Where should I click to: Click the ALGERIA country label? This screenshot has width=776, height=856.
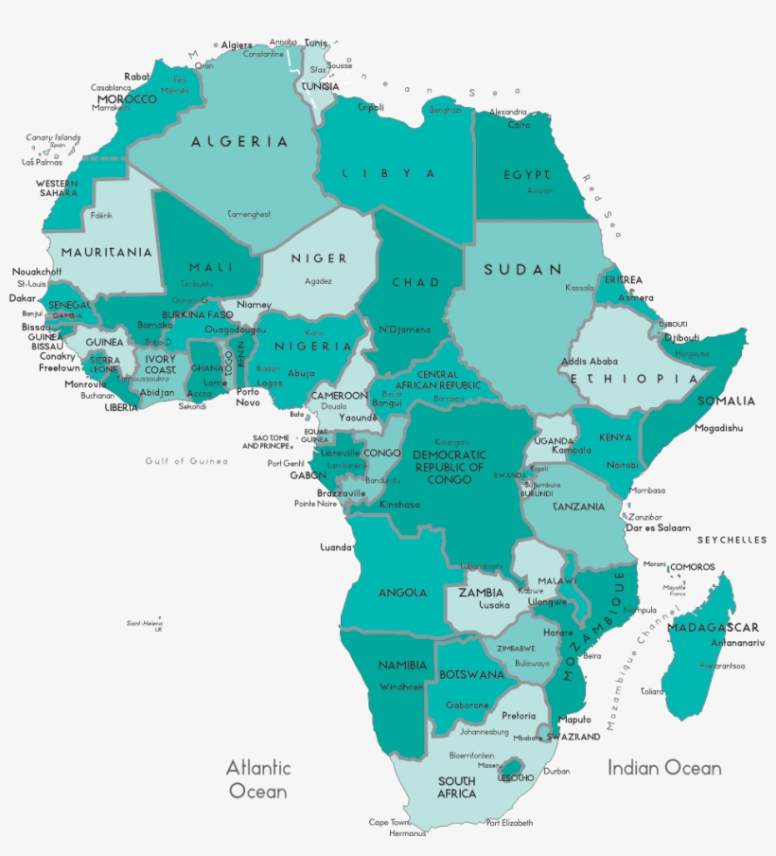point(239,142)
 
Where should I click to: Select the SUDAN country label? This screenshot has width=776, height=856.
point(523,270)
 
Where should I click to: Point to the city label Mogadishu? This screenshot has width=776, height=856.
point(718,428)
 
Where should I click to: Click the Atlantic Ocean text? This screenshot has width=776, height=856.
point(257,778)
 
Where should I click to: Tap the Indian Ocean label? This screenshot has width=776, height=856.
point(664,768)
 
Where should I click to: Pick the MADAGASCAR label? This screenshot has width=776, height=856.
point(713,628)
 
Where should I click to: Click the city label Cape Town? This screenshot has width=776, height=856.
point(389,822)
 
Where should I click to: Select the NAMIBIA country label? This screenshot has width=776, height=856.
point(402,666)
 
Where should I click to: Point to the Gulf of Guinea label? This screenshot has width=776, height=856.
point(186,461)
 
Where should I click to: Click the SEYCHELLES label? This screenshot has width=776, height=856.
point(732,540)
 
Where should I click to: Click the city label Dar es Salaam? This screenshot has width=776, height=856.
point(659,528)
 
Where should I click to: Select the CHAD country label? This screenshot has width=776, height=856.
point(415,282)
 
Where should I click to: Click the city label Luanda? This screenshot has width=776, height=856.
point(335,547)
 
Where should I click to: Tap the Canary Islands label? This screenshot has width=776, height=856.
point(52,137)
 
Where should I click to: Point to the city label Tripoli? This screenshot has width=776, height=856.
point(371,108)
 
